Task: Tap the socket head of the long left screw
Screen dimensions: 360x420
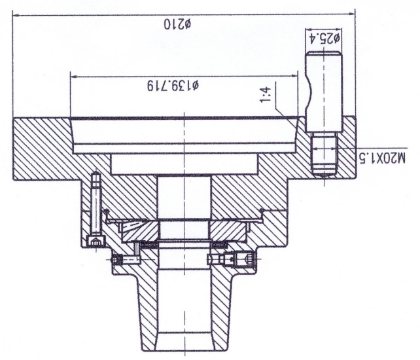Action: (97, 243)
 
